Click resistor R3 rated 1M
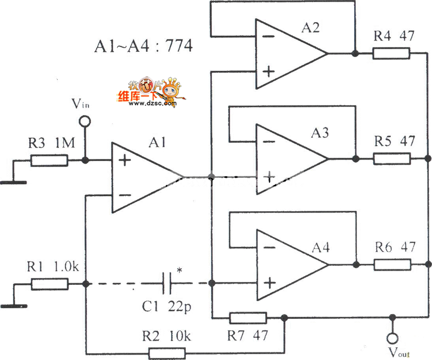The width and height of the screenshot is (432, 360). [x=49, y=161]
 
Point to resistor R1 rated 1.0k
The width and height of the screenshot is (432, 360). [x=49, y=284]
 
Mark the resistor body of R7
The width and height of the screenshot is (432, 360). [x=248, y=317]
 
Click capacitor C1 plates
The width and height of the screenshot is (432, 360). [x=167, y=283]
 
